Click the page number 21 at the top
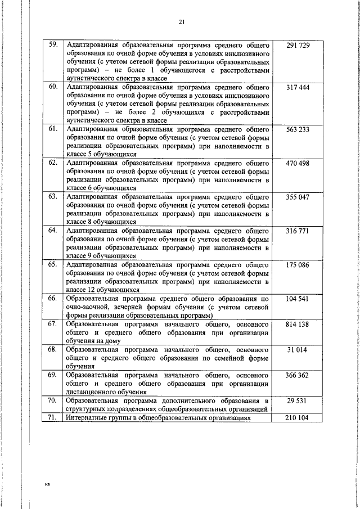tap(181, 22)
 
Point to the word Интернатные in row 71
tap(85, 418)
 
